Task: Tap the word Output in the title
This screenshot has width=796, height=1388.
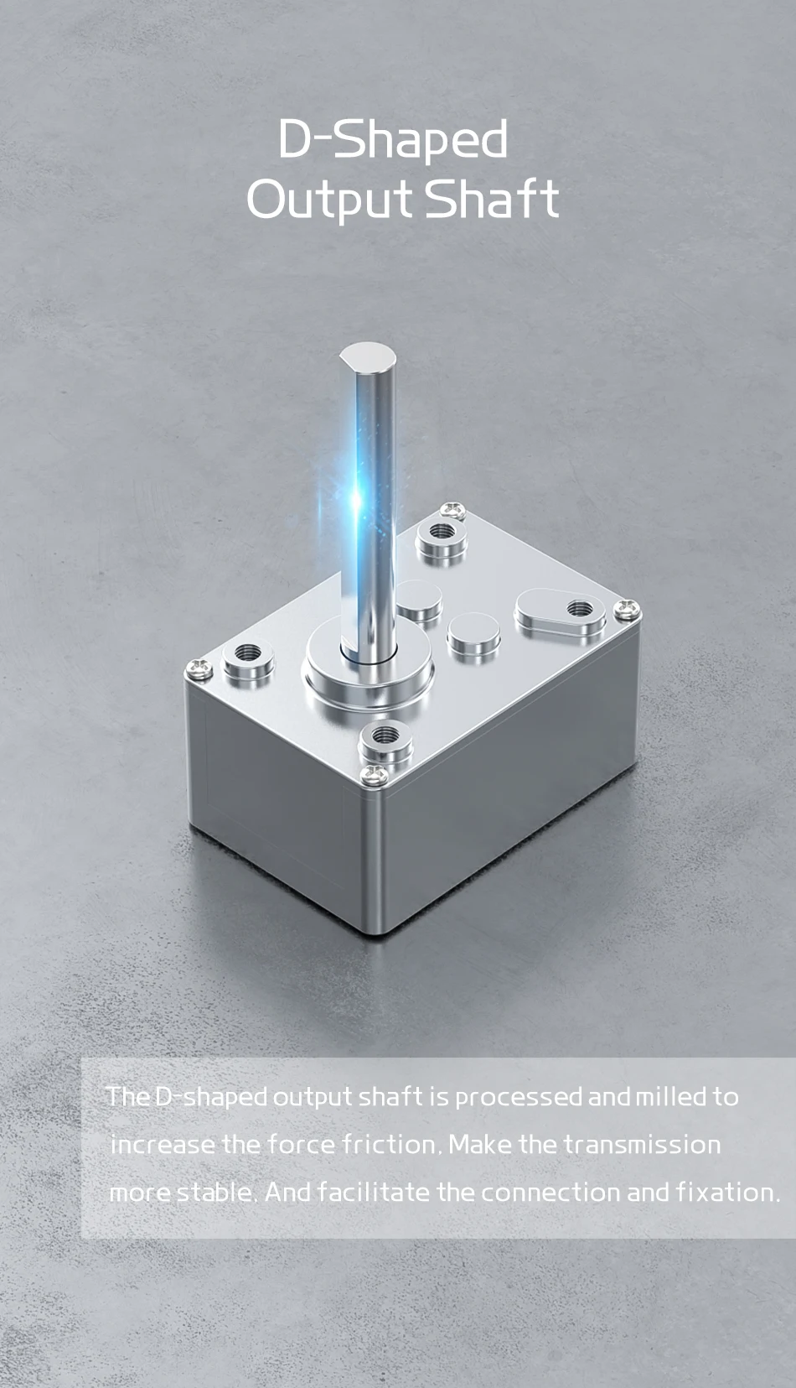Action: click(x=330, y=200)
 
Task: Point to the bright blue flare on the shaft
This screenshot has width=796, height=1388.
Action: click(x=357, y=500)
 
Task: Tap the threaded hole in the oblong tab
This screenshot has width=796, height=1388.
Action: click(x=579, y=609)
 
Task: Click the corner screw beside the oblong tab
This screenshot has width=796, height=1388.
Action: click(x=627, y=609)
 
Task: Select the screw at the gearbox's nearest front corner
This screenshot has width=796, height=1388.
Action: click(x=375, y=774)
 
